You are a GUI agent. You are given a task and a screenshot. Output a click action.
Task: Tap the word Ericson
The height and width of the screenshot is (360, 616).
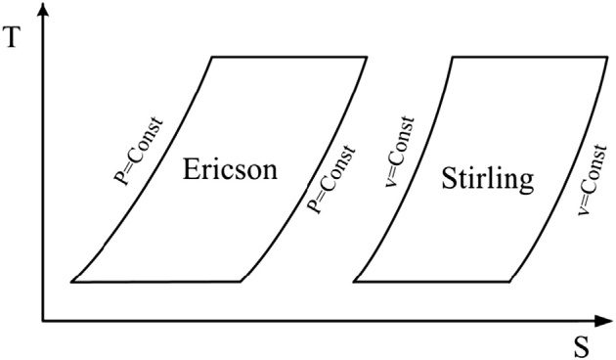click(x=230, y=170)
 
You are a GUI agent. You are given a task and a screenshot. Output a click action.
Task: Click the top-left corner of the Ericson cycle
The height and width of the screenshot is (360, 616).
click(x=212, y=57)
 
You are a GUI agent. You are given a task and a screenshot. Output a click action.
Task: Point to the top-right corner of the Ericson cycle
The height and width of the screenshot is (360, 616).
click(x=367, y=57)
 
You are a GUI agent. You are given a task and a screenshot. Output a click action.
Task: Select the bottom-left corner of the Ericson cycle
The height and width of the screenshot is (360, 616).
click(x=72, y=282)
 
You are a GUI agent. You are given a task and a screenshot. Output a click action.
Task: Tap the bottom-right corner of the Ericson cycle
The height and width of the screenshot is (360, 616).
click(x=240, y=282)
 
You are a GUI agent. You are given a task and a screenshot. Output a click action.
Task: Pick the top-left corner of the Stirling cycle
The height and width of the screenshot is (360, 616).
click(x=453, y=57)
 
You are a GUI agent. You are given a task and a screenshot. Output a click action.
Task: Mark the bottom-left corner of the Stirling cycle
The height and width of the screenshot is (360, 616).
click(x=354, y=282)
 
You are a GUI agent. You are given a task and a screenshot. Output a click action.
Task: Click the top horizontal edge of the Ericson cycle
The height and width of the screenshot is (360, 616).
click(x=289, y=57)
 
